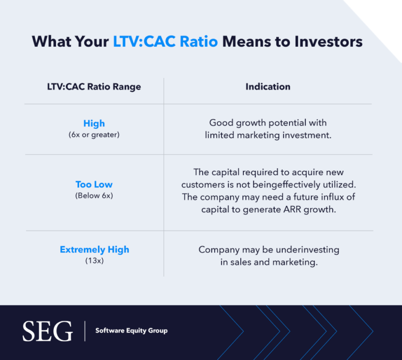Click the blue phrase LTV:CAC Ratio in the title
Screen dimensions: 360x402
pos(165,41)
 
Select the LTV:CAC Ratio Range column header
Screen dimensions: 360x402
pos(94,86)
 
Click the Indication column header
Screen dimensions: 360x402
pos(268,86)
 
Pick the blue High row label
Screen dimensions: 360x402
pos(94,124)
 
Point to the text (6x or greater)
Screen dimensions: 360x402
pos(94,135)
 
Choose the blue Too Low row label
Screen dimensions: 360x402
pos(94,184)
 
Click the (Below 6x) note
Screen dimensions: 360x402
pos(94,195)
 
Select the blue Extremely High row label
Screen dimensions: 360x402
pos(94,249)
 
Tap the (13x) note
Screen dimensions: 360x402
pos(94,260)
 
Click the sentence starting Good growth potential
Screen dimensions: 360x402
pos(268,129)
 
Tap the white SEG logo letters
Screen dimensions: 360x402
pos(47,331)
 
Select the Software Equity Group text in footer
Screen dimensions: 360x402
pos(131,331)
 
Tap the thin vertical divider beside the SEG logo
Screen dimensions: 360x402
pos(84,331)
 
